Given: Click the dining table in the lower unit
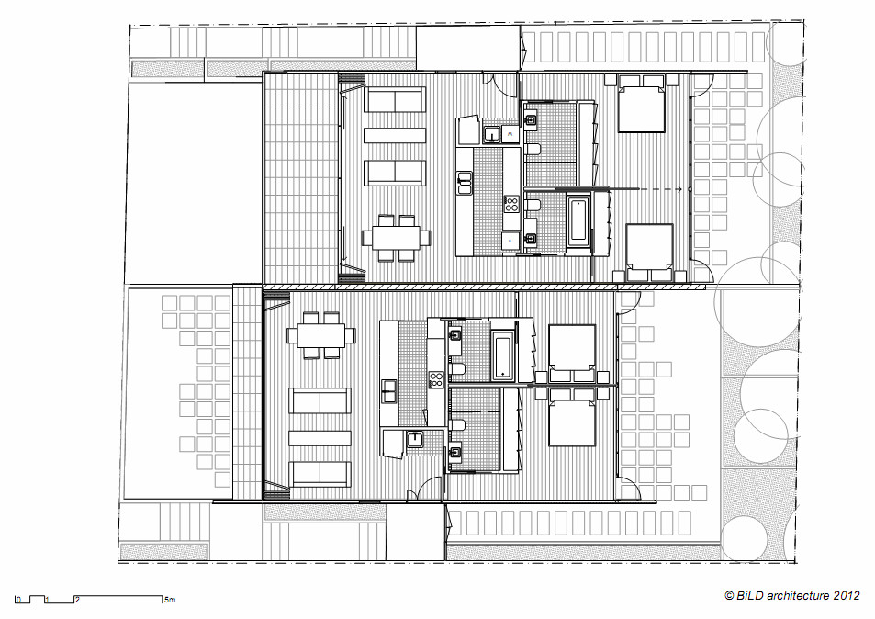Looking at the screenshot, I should (320, 335).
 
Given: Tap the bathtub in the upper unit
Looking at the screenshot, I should (578, 220).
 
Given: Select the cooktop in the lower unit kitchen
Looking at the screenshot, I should (436, 376).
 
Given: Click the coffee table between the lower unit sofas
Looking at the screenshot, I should (320, 437).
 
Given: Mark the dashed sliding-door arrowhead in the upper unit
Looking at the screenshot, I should (679, 189).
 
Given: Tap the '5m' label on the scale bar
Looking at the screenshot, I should (169, 601).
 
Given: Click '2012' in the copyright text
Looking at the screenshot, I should (846, 595).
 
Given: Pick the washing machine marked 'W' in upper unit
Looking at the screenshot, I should (506, 135).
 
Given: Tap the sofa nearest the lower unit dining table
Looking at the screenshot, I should (320, 401).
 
